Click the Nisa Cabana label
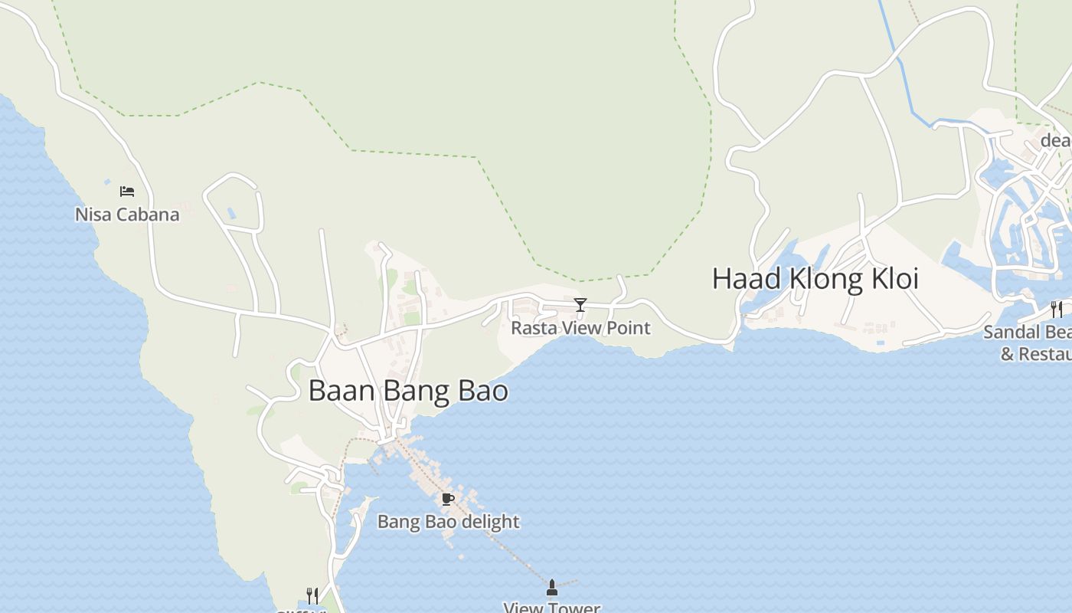point(127,215)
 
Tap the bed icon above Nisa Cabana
point(127,192)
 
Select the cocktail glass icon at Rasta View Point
point(580,305)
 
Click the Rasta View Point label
point(580,328)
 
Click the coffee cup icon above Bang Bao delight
point(448,500)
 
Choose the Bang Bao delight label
point(448,522)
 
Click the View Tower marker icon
point(551,588)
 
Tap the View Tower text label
point(551,608)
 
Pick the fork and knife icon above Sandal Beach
point(1057,309)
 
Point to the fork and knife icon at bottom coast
point(312,595)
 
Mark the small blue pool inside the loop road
point(231,212)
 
